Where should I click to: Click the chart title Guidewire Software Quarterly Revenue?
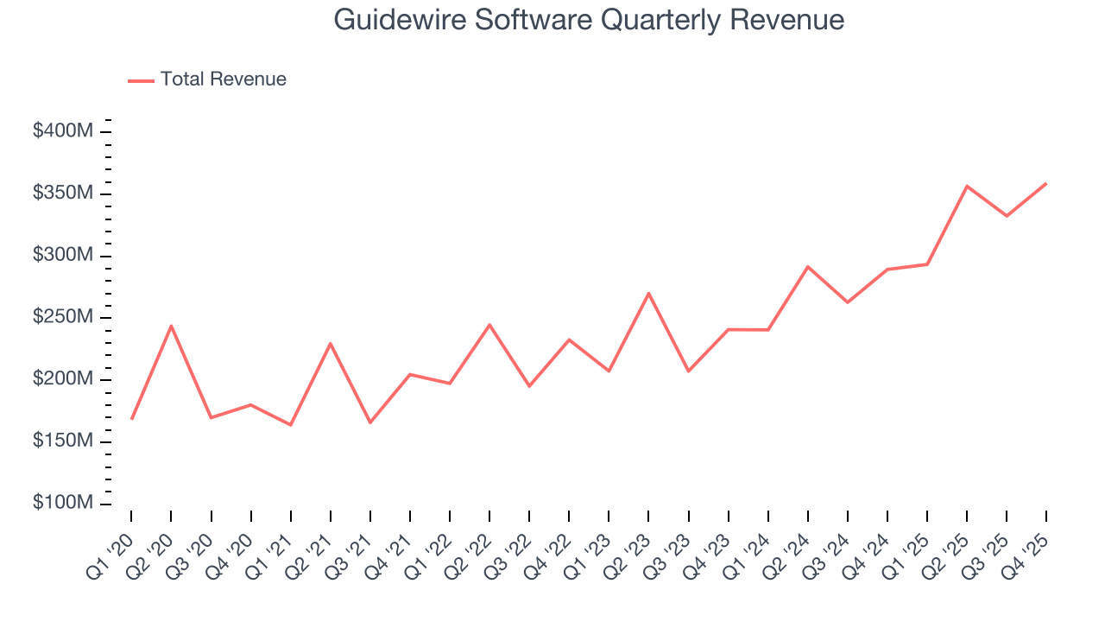[589, 20]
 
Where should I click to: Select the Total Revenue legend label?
[223, 79]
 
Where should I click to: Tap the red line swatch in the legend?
[141, 80]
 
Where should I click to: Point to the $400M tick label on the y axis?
[63, 131]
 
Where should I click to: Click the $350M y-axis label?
[63, 194]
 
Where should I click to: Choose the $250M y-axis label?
[63, 318]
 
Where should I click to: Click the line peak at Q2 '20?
[171, 326]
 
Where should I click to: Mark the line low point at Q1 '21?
[290, 425]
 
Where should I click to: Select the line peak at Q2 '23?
[648, 293]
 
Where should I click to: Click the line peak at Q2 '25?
[967, 186]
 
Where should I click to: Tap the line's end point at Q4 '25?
[1046, 183]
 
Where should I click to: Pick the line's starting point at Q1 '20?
[131, 419]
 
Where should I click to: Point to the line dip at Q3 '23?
[688, 371]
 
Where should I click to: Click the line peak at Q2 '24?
[807, 266]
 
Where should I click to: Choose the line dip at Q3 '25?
[1007, 216]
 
